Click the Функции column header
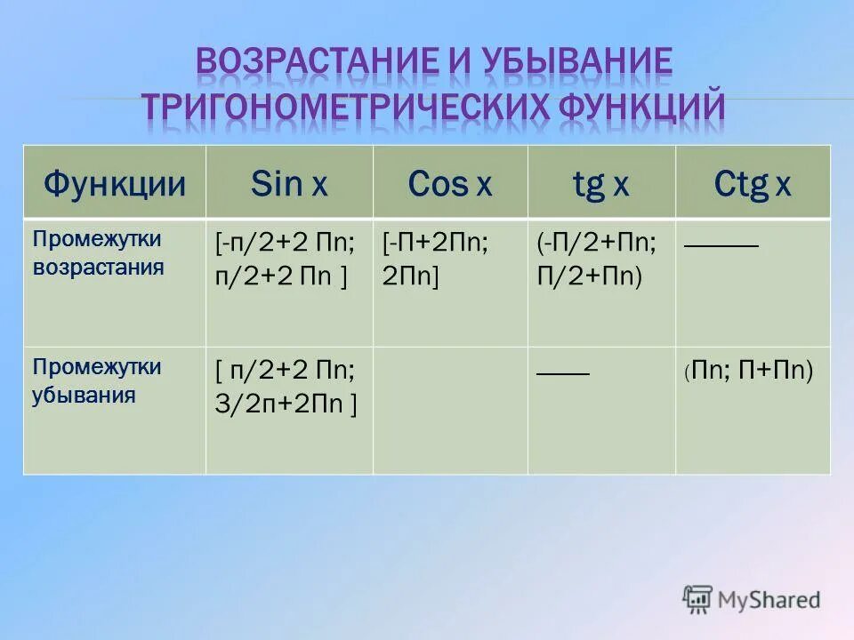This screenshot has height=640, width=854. tap(115, 184)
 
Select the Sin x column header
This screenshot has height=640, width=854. tap(289, 184)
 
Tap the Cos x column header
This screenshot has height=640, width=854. tap(449, 184)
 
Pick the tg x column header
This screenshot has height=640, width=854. tap(600, 184)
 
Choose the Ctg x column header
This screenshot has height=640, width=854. tap(753, 184)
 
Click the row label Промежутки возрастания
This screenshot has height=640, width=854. tap(98, 253)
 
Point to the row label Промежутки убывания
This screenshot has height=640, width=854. tap(98, 380)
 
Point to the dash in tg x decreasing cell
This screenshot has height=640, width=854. tap(563, 372)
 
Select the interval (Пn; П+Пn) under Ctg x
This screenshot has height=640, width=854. tap(749, 372)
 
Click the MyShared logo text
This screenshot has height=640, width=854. tap(765, 599)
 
